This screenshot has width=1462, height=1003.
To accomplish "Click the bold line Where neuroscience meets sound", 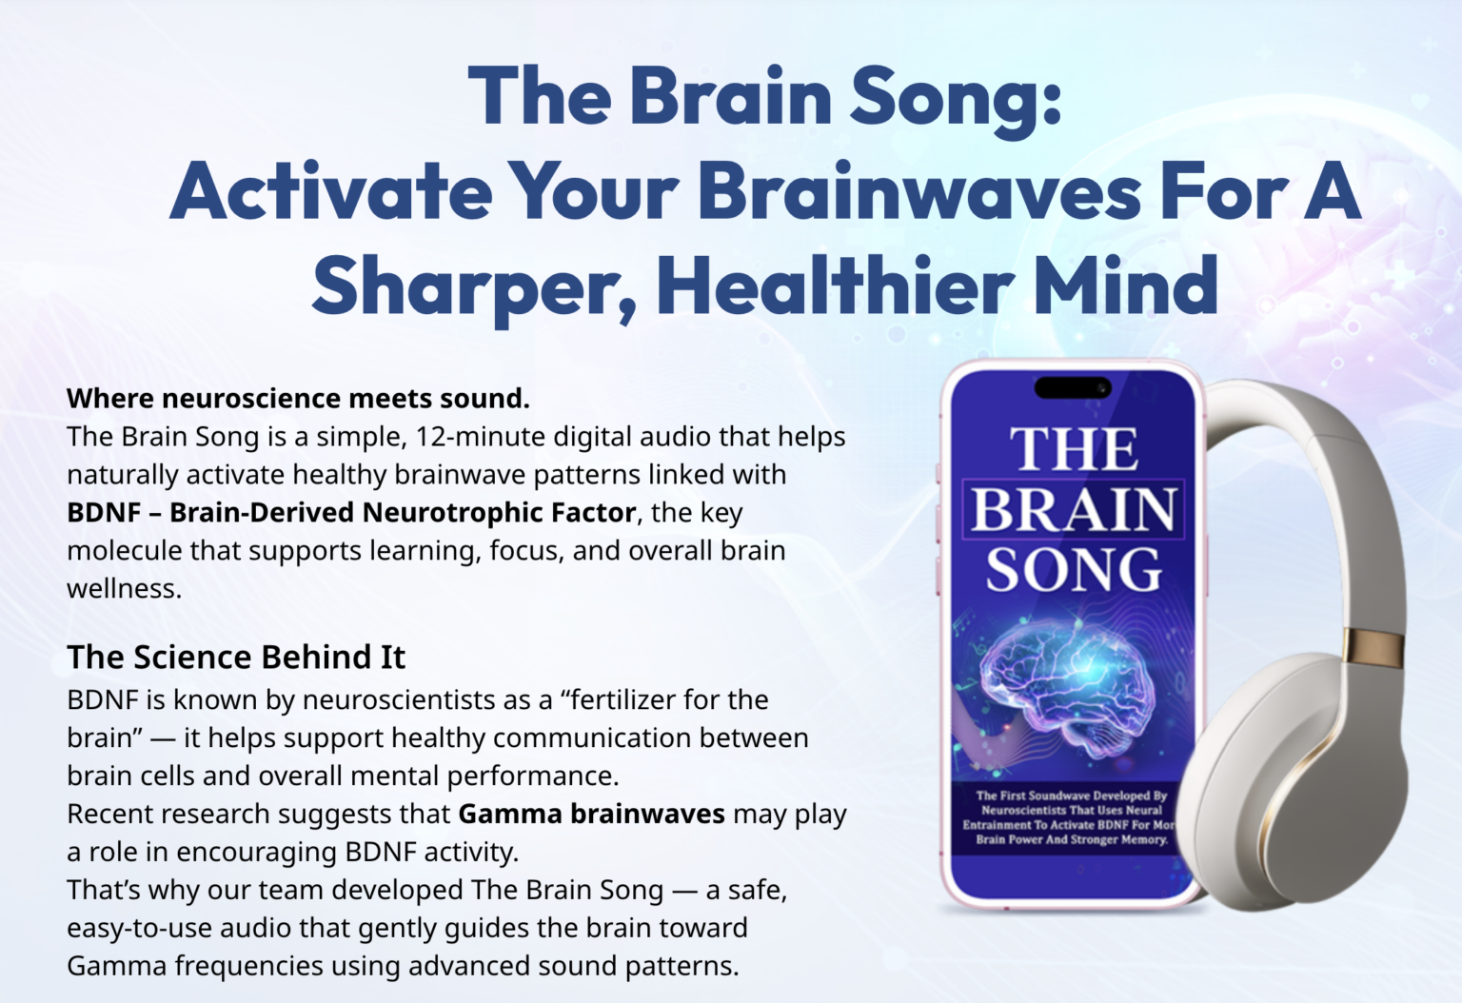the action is [x=298, y=398].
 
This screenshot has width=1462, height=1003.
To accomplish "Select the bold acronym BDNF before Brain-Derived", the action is [x=104, y=512].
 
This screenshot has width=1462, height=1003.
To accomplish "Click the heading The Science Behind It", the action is [x=236, y=657].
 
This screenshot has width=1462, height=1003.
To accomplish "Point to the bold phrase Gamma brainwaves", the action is [x=591, y=814].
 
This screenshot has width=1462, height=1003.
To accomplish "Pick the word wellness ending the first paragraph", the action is [x=124, y=589].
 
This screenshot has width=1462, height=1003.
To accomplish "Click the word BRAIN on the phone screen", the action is [x=1074, y=509].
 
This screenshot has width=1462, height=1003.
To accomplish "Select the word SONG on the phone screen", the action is [x=1074, y=568].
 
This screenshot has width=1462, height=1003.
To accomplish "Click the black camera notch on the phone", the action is [x=1073, y=387].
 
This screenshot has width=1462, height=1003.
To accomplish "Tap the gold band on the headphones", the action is [x=1373, y=647].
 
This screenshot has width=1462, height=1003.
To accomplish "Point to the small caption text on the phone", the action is [x=1072, y=817].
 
